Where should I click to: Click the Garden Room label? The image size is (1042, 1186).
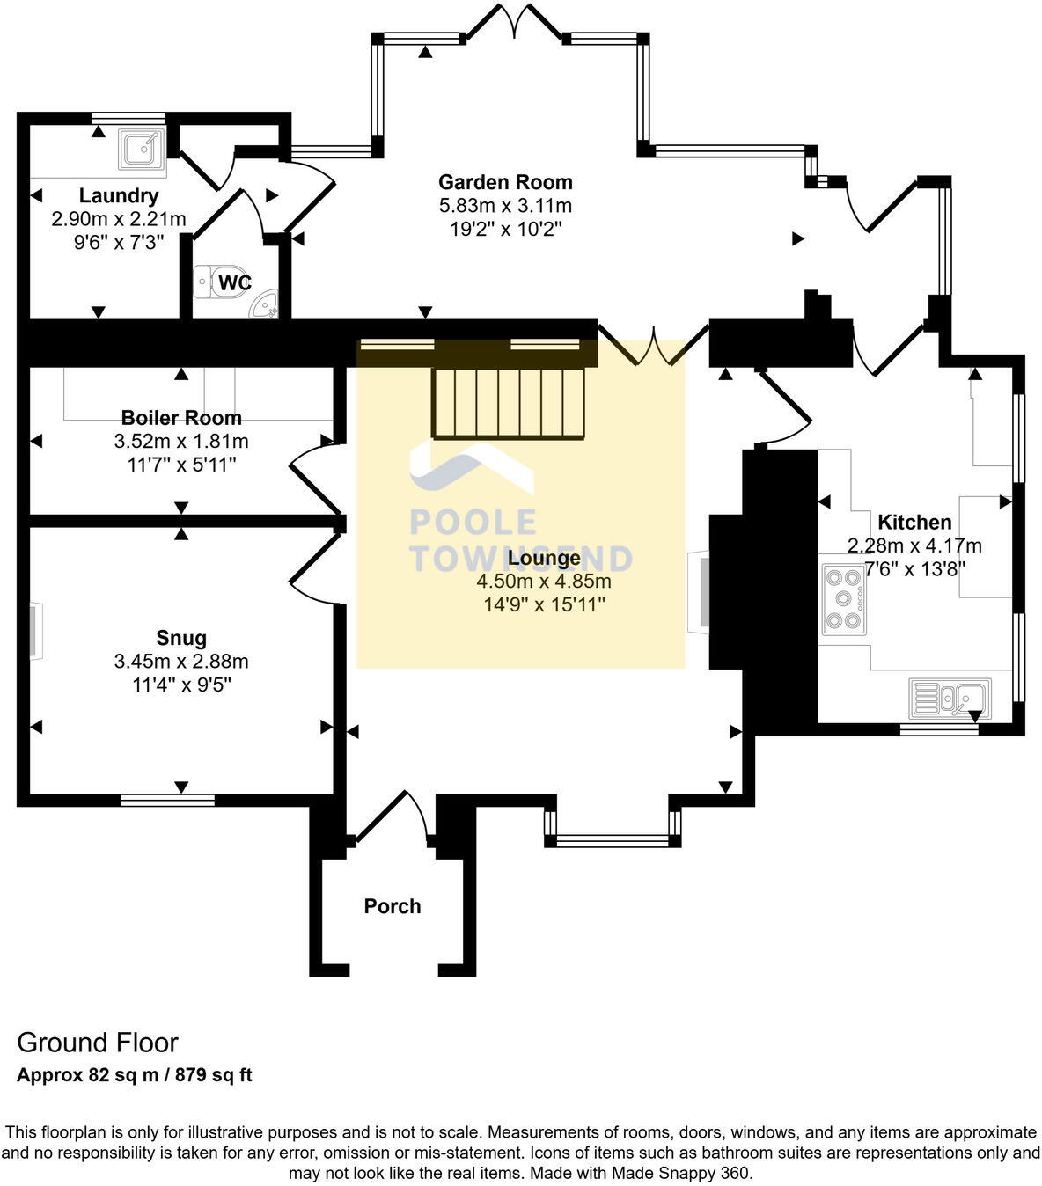click(x=505, y=182)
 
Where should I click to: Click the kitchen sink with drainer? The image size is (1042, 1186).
click(x=950, y=699)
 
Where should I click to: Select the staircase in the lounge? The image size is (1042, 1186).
click(x=509, y=402)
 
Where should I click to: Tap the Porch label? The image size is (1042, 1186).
click(x=393, y=906)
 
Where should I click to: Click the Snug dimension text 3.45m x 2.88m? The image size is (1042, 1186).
click(x=181, y=662)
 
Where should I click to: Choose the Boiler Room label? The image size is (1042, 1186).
click(x=181, y=418)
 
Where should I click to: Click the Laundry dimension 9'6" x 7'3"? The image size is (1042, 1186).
click(x=119, y=242)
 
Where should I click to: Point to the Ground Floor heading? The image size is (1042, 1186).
click(x=98, y=1043)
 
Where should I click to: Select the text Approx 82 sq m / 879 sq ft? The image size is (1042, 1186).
click(x=135, y=1075)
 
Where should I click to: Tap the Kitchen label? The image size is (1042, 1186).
click(x=914, y=522)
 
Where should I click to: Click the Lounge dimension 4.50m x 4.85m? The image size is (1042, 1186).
click(x=544, y=582)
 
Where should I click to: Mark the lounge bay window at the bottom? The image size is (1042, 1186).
click(x=612, y=839)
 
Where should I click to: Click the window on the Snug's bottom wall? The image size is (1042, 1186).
click(x=167, y=800)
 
